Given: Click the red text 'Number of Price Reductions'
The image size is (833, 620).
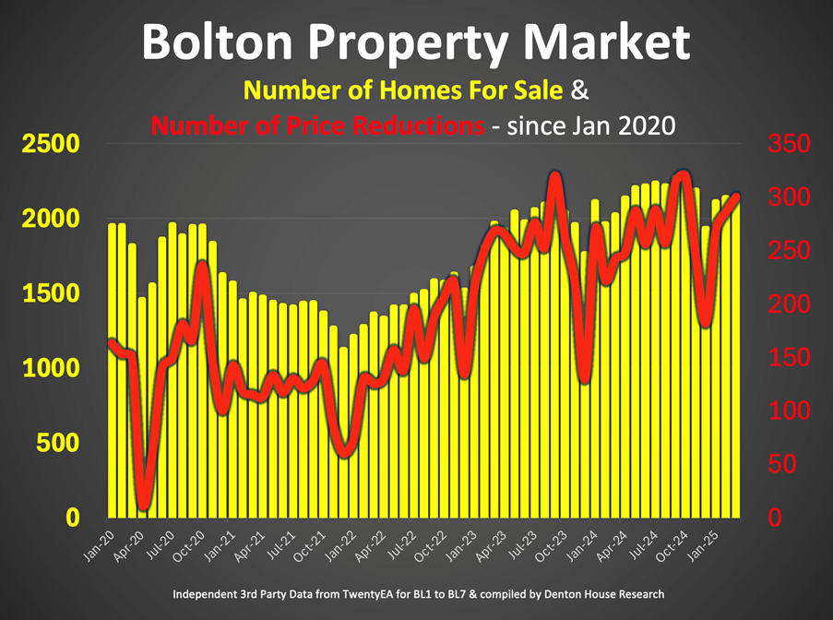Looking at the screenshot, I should tap(317, 125).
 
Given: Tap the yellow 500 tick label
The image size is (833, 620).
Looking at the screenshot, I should tap(58, 444).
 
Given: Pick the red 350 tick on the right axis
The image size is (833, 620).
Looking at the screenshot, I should tap(789, 145).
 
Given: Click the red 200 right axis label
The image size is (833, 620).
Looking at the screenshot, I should tap(789, 304).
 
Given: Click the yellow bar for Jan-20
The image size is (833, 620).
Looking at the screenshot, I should tap(113, 369).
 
